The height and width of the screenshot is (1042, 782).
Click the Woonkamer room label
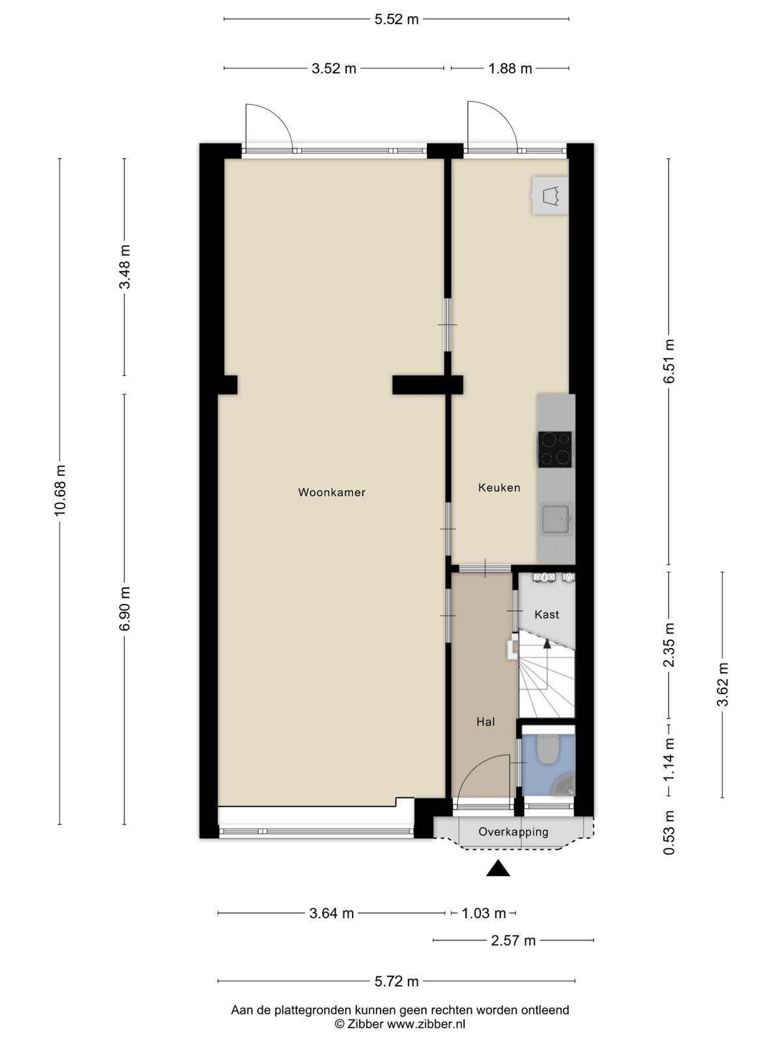click(x=332, y=492)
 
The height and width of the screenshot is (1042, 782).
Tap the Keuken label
click(x=499, y=488)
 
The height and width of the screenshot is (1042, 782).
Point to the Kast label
click(x=547, y=615)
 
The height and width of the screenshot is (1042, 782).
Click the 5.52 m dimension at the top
click(x=396, y=20)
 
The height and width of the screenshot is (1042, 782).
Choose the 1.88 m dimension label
click(x=510, y=68)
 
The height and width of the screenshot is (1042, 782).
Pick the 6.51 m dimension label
click(x=669, y=361)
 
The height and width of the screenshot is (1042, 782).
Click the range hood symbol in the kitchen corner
click(x=550, y=195)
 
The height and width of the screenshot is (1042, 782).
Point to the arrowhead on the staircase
click(x=547, y=643)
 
